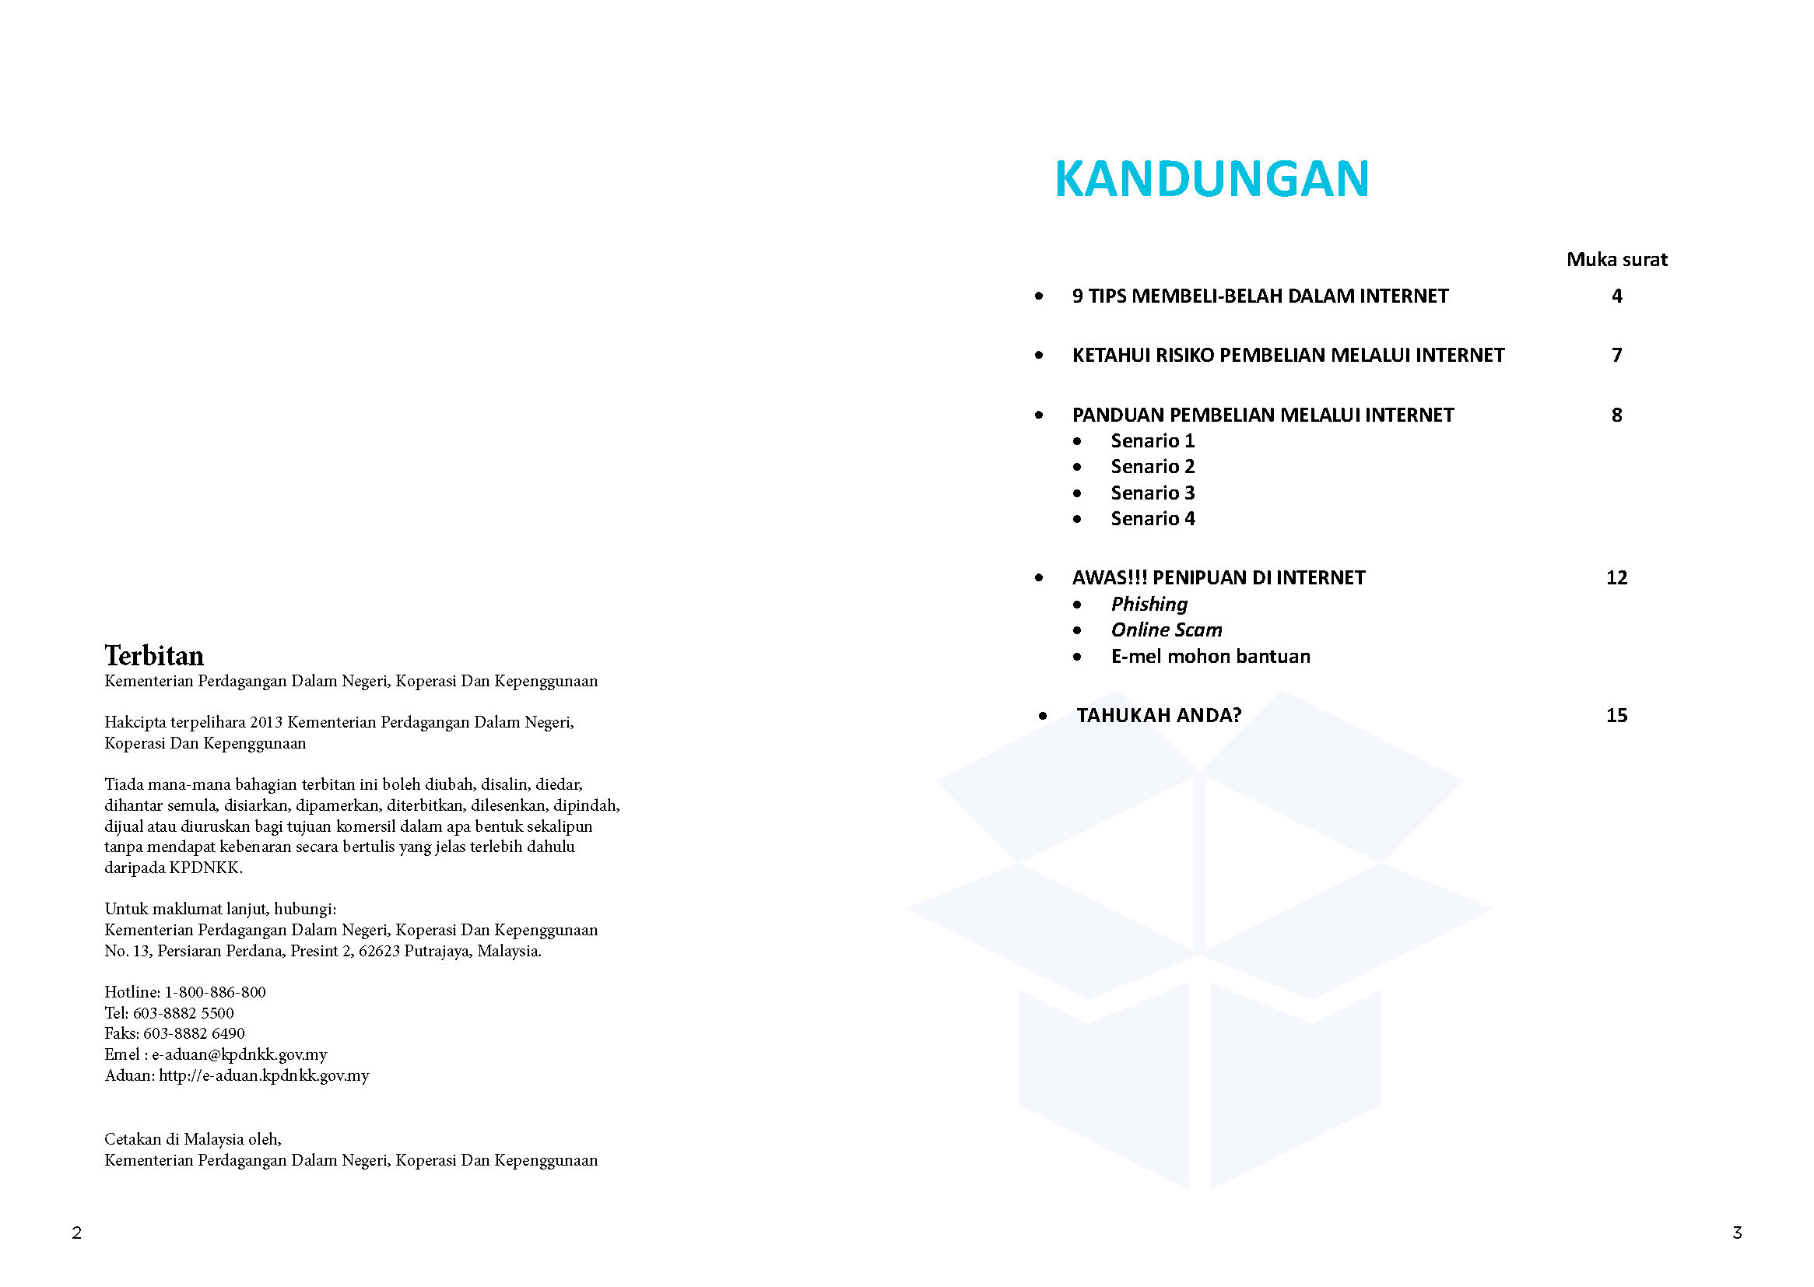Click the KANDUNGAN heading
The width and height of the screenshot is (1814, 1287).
coord(1211,178)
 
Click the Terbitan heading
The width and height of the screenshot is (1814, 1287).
coord(154,655)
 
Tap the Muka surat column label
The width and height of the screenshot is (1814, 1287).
coord(1616,259)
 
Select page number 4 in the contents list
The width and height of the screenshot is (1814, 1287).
coord(1616,296)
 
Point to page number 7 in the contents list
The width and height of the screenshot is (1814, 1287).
coord(1616,355)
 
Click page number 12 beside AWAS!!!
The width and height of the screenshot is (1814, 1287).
coord(1616,577)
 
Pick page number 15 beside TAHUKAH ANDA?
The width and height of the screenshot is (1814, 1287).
coord(1616,715)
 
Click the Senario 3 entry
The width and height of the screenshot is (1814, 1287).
coord(1152,493)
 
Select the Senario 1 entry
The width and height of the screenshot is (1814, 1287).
coord(1152,440)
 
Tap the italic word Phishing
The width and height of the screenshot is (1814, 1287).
coord(1149,604)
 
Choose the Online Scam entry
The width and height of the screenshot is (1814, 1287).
coord(1166,630)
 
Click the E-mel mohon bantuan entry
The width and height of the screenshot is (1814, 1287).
coord(1210,656)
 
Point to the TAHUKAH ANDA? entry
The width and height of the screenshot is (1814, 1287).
coord(1158,715)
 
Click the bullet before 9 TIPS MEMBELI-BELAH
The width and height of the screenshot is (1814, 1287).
coord(1039,296)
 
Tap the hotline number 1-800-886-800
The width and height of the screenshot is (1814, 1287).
coord(215,992)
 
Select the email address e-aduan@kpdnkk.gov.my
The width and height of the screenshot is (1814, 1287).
coord(240,1054)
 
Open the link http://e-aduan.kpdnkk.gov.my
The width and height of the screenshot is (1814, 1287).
coord(264,1075)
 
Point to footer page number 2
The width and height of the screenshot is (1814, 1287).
coord(77,1233)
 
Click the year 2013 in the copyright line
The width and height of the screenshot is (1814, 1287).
coord(265,722)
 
